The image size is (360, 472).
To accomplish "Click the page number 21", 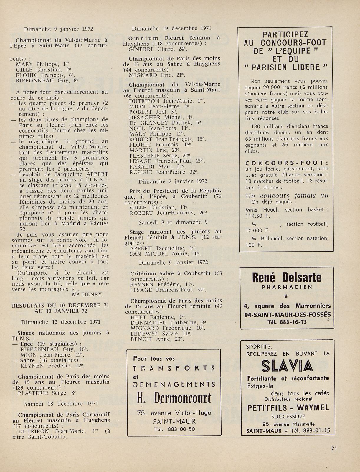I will click(x=334, y=448).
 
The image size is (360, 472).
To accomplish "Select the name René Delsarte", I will click(x=287, y=278).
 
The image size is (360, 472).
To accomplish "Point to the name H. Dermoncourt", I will click(x=174, y=399).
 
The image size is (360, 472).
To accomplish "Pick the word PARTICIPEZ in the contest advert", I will click(x=286, y=34).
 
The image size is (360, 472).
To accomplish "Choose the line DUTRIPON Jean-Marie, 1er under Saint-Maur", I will click(x=167, y=101).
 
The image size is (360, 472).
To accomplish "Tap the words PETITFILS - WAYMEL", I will click(x=288, y=408).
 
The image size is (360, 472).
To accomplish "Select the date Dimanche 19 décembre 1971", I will click(x=171, y=29).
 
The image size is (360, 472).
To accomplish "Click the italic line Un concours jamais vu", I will click(x=287, y=196).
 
